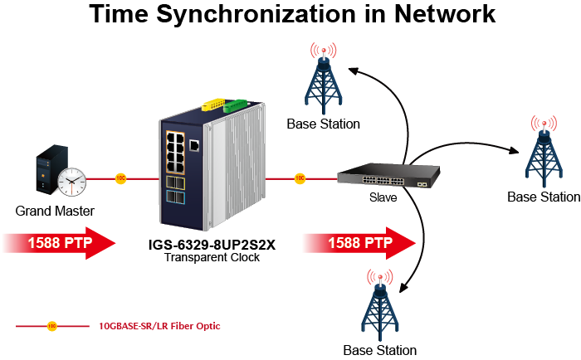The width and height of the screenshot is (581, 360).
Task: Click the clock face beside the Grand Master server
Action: coord(72,178)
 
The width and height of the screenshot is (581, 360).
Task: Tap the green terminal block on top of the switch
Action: coord(239,105)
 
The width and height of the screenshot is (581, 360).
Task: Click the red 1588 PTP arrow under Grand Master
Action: coord(57,243)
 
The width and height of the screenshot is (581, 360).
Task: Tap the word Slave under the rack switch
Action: coord(383,198)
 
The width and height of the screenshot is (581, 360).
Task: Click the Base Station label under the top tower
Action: coord(323,124)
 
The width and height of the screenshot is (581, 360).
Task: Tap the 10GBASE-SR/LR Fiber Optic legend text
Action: coord(159,326)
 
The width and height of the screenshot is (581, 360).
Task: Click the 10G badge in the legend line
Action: coord(51,326)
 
